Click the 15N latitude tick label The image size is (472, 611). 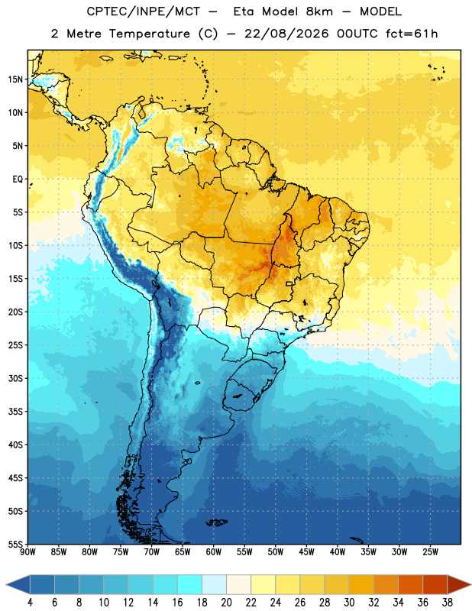point(15,79)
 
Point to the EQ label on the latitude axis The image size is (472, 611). point(18,179)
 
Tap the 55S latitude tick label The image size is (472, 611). point(15,544)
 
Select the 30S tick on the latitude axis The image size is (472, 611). point(15,378)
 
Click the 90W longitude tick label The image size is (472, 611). point(27,552)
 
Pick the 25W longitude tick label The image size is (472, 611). point(430,552)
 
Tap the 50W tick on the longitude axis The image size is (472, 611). point(276,552)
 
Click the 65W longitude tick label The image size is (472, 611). point(183,552)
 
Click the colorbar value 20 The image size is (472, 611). point(226,603)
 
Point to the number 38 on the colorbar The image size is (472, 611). point(447,603)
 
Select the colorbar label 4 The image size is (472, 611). point(30,603)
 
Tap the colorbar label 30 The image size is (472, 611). point(349,603)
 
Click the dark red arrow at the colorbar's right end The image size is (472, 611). point(458,584)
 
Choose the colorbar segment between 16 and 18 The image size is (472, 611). point(189,584)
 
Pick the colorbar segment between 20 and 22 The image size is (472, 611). point(238,584)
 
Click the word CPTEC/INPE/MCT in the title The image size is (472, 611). point(144,11)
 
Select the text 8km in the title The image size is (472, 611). point(319,11)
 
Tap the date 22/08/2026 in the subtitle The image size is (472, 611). point(286,34)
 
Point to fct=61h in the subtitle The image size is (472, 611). point(412,34)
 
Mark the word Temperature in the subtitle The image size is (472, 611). point(149,34)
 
